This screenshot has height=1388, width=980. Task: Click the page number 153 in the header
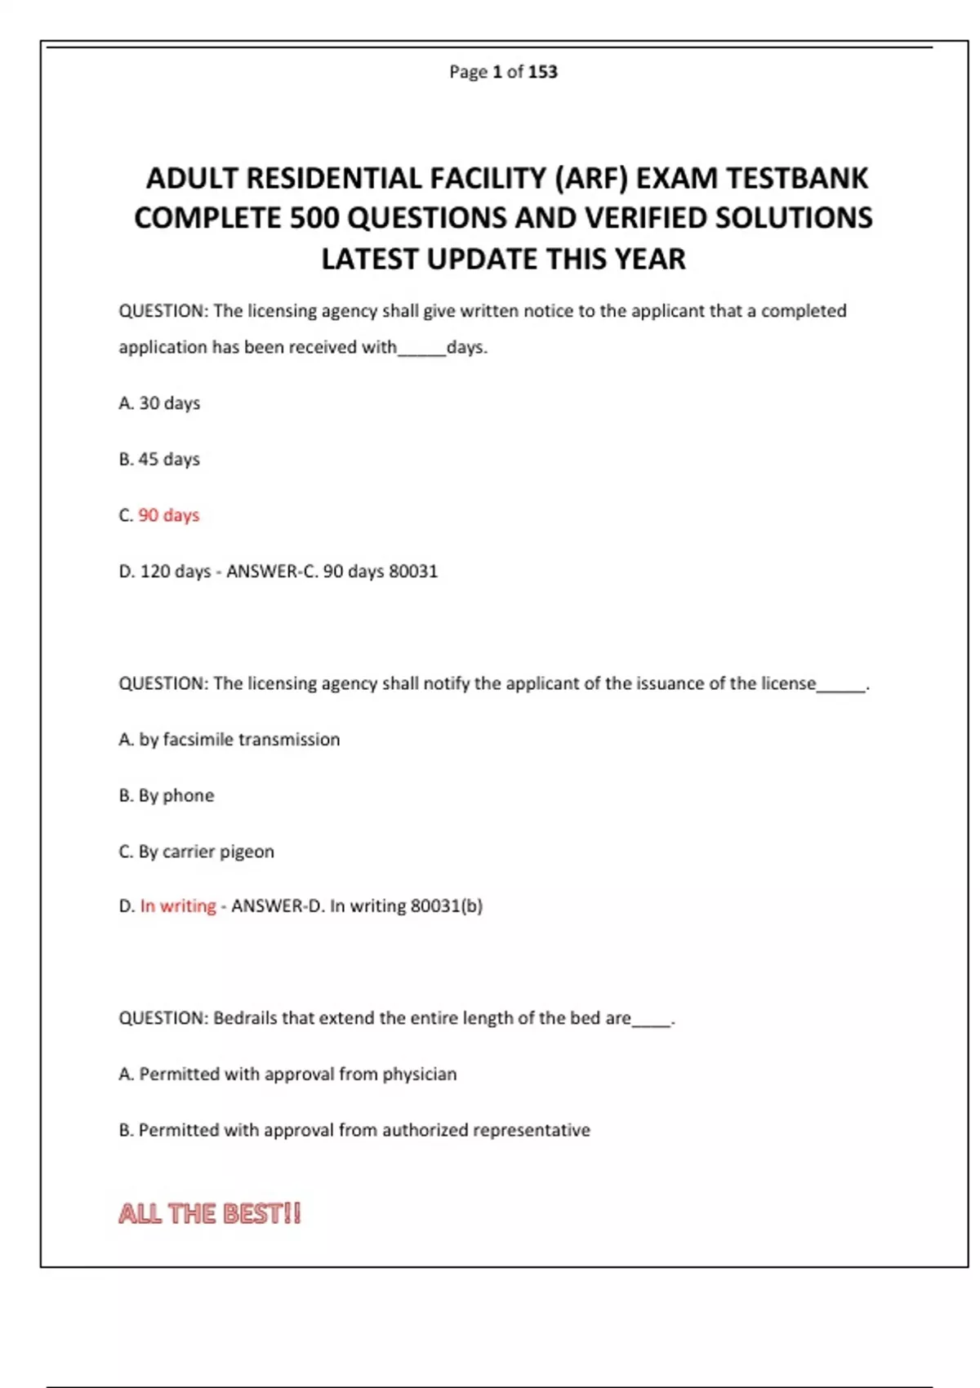tap(542, 72)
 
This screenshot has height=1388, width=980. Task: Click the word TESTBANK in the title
tap(796, 178)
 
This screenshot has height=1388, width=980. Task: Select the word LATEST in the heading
tap(369, 259)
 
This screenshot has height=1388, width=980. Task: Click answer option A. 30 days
tap(159, 403)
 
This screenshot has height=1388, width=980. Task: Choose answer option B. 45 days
tap(159, 459)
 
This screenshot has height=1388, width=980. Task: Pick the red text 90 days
tap(168, 515)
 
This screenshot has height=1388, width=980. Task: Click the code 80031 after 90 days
tap(413, 572)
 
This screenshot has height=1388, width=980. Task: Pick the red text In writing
tap(178, 906)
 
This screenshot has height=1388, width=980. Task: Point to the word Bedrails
tap(245, 1018)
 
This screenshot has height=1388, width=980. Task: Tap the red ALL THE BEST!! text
tap(210, 1213)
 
